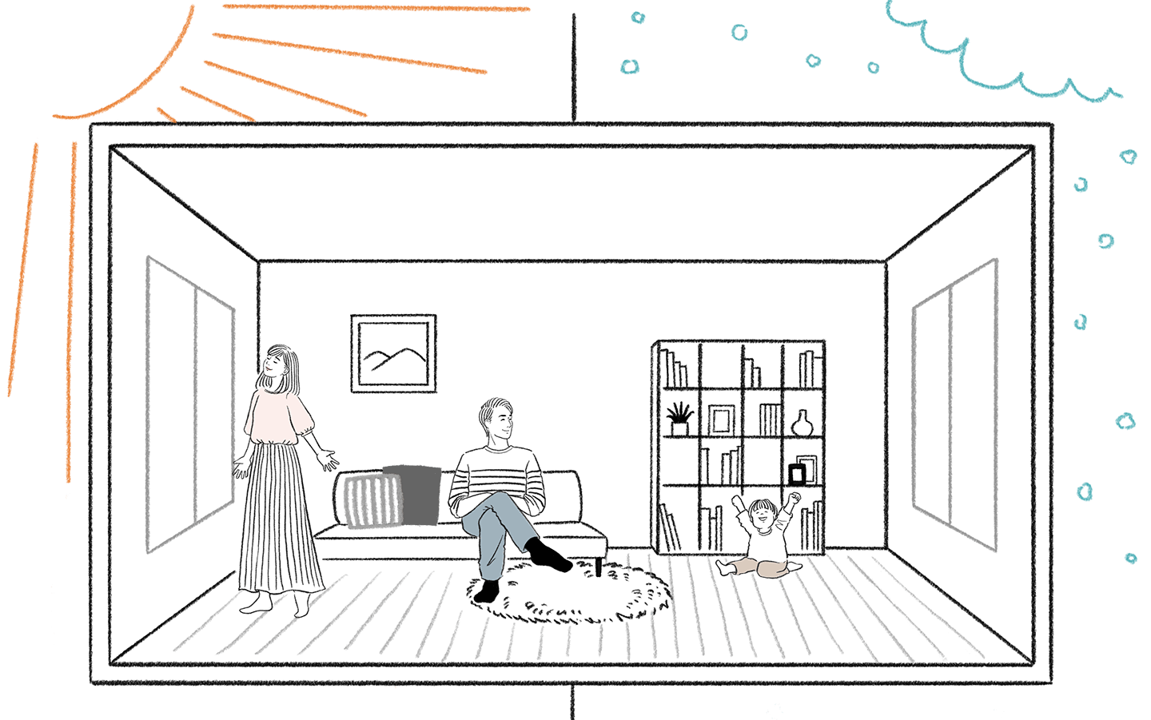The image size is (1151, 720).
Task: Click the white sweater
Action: (278, 412)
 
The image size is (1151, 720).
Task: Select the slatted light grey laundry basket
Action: (372, 501)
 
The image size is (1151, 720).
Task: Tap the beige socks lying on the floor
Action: (759, 567)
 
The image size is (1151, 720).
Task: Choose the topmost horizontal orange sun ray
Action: (376, 8)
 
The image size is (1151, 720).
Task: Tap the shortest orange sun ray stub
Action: (165, 114)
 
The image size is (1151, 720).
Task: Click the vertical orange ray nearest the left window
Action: (71, 312)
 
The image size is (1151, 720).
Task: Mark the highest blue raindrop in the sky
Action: (637, 17)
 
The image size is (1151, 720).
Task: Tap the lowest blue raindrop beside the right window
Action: (1130, 559)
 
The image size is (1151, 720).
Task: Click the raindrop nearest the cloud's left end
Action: (873, 68)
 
